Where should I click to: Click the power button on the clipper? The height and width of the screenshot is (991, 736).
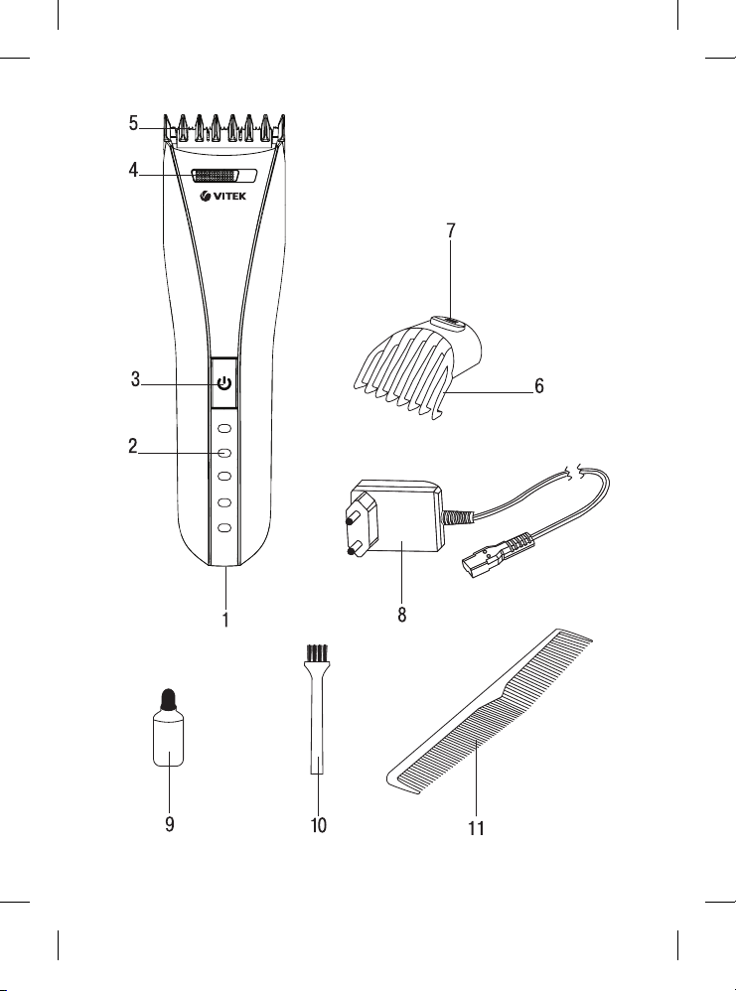click(x=223, y=383)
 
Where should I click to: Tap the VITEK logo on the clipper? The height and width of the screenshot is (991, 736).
click(x=223, y=197)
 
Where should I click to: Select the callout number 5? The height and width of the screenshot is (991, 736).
click(x=133, y=123)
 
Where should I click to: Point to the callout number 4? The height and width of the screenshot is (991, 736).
click(x=133, y=170)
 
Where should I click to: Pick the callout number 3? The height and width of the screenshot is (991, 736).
click(x=135, y=379)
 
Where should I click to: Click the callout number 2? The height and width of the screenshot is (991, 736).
click(x=133, y=446)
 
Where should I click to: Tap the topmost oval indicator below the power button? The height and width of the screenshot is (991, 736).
click(x=224, y=429)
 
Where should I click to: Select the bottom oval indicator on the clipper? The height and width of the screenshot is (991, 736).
click(x=224, y=527)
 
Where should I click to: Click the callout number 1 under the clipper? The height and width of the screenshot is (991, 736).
click(x=225, y=620)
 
